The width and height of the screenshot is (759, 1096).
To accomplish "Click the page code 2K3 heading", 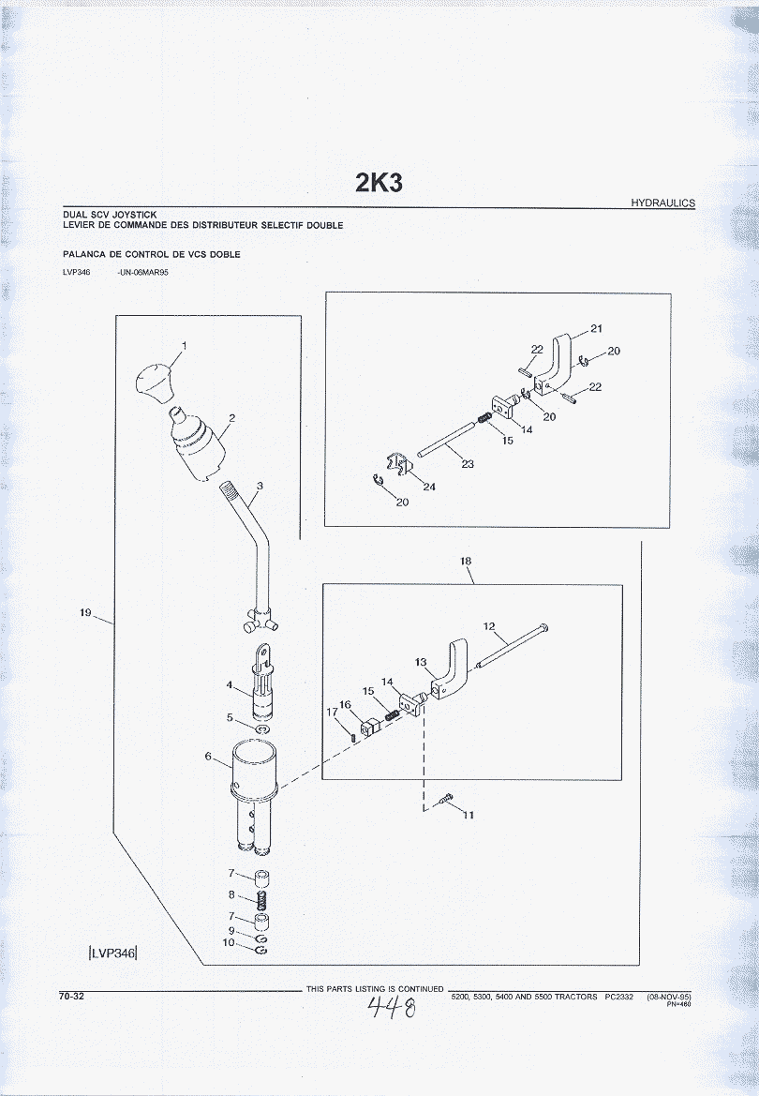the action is tap(379, 183).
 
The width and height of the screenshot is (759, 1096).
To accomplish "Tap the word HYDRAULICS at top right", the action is tap(662, 203).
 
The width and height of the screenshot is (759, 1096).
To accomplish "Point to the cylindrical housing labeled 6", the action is tap(254, 794).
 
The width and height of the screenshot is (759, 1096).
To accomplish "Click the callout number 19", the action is tap(85, 613).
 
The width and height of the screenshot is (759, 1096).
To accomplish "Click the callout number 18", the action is tap(466, 561).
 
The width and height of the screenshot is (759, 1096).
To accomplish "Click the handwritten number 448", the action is tap(392, 1008).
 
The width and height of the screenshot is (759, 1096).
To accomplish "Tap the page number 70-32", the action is tap(71, 996).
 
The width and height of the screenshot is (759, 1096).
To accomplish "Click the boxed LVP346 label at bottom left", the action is tap(112, 952).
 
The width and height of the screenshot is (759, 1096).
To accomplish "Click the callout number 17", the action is tap(332, 712).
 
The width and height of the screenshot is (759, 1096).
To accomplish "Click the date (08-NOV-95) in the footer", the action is tap(669, 996).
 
